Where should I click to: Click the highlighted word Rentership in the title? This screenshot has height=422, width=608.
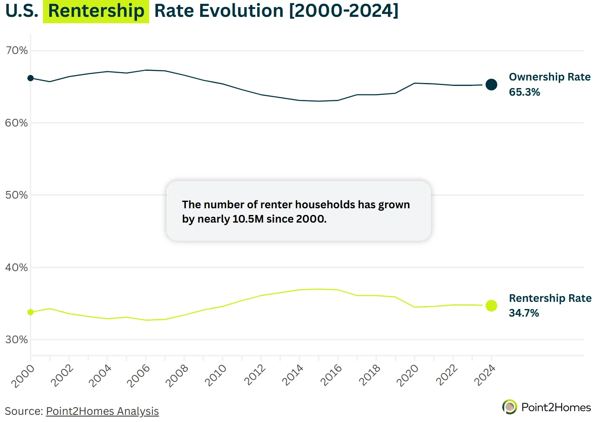[96, 11]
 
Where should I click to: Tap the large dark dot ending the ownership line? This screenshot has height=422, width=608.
[491, 85]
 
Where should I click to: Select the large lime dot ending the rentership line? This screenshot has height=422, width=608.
[491, 306]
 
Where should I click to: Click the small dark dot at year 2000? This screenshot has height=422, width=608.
[30, 78]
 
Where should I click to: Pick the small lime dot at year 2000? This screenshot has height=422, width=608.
[30, 312]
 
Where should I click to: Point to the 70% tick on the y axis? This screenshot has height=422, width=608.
[16, 51]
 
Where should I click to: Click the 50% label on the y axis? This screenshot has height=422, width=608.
[16, 195]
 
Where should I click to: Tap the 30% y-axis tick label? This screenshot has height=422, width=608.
[16, 340]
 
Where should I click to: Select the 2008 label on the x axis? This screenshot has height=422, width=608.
[177, 376]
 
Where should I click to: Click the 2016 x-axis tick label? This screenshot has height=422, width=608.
[331, 376]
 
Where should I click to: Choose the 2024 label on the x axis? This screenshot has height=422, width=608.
[485, 376]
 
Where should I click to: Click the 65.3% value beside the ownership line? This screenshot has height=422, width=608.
[524, 92]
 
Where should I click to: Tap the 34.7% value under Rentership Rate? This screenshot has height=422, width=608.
[524, 313]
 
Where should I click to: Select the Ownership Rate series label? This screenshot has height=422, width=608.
[549, 77]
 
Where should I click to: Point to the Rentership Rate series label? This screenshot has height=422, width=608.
[550, 298]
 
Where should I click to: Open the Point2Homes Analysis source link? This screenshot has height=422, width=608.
[102, 411]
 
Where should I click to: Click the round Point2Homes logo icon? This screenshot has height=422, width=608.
[509, 407]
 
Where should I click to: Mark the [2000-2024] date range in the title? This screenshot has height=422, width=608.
[343, 11]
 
